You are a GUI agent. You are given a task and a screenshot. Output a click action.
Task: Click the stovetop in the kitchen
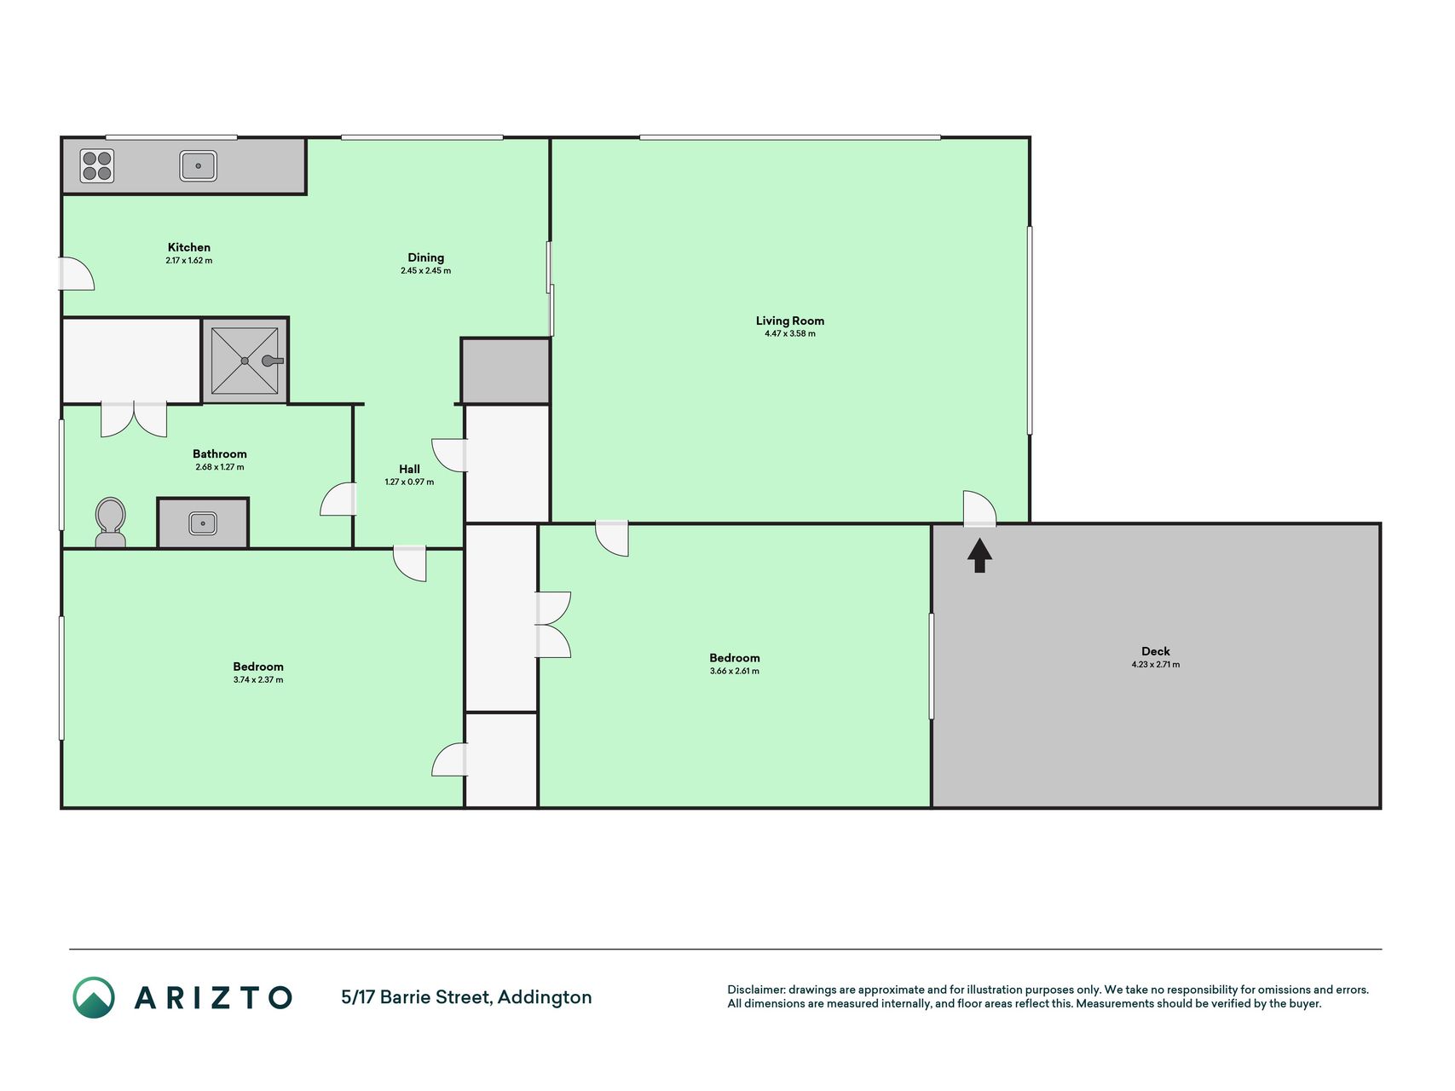coord(97,166)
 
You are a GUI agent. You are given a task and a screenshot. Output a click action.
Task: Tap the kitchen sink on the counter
coord(199,165)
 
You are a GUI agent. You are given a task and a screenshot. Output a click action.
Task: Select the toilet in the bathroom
coord(110,522)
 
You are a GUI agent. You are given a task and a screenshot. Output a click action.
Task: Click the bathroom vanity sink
coord(203,523)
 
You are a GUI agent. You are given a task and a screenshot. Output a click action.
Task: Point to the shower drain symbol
coord(245,361)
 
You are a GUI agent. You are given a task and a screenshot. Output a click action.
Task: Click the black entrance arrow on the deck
coord(980,555)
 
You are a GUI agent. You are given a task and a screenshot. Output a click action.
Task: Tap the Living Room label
coord(790,320)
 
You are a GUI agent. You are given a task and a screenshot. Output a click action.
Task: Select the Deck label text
coord(1156,651)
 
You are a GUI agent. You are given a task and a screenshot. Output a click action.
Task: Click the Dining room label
coord(425,257)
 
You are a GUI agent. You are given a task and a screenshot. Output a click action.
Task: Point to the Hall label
coord(409,469)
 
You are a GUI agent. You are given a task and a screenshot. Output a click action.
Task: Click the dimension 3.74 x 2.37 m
coord(258,680)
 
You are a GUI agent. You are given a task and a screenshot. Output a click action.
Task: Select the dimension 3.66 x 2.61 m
coord(735,671)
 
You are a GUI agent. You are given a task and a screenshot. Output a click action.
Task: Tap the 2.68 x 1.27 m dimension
coord(220,467)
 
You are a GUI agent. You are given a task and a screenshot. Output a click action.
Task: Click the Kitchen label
coord(189,247)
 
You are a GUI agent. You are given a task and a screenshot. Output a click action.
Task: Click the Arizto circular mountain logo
coord(94,997)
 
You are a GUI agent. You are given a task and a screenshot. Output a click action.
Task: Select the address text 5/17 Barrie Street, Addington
coord(466,997)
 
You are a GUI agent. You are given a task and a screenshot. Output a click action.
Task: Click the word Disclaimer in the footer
coord(756,990)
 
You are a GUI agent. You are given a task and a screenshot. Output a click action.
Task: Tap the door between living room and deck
coord(979,509)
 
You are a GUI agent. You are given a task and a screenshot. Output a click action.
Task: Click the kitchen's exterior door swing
coord(76,274)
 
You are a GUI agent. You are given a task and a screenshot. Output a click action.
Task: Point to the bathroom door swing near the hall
coord(338,499)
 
